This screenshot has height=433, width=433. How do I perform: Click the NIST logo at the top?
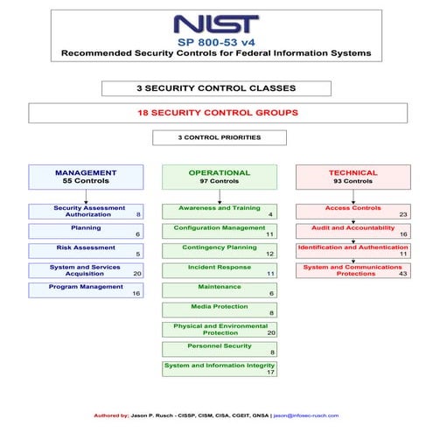[215, 24]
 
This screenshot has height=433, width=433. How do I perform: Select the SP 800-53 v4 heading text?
[215, 41]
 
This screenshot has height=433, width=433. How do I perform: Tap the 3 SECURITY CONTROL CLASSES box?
[216, 88]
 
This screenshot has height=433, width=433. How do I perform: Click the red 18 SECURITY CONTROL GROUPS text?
[218, 113]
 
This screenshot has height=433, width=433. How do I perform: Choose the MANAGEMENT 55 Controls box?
[86, 177]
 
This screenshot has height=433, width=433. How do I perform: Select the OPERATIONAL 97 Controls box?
[219, 177]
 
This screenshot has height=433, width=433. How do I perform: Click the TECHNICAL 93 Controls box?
[353, 177]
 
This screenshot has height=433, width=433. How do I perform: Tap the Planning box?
[86, 231]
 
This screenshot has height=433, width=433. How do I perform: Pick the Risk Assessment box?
[86, 251]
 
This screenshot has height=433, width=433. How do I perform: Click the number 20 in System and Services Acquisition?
[137, 274]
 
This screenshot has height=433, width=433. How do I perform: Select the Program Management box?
[86, 290]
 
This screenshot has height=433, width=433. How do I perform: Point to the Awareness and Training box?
[219, 211]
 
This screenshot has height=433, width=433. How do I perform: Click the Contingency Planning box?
[219, 251]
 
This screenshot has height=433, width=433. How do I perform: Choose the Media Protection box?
[219, 310]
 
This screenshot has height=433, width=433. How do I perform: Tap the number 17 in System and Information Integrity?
[270, 373]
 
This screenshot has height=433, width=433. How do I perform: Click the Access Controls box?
[353, 211]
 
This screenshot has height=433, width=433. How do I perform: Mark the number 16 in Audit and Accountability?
[403, 234]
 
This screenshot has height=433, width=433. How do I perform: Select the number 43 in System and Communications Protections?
[403, 274]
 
